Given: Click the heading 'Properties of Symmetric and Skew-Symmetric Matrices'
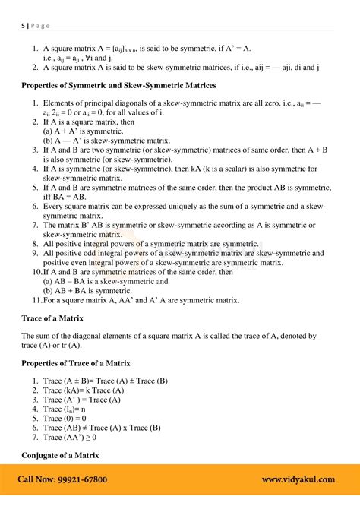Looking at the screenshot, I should [118, 85].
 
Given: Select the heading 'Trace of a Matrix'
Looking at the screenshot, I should [52, 318].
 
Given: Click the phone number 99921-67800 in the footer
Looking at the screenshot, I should [80, 479].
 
